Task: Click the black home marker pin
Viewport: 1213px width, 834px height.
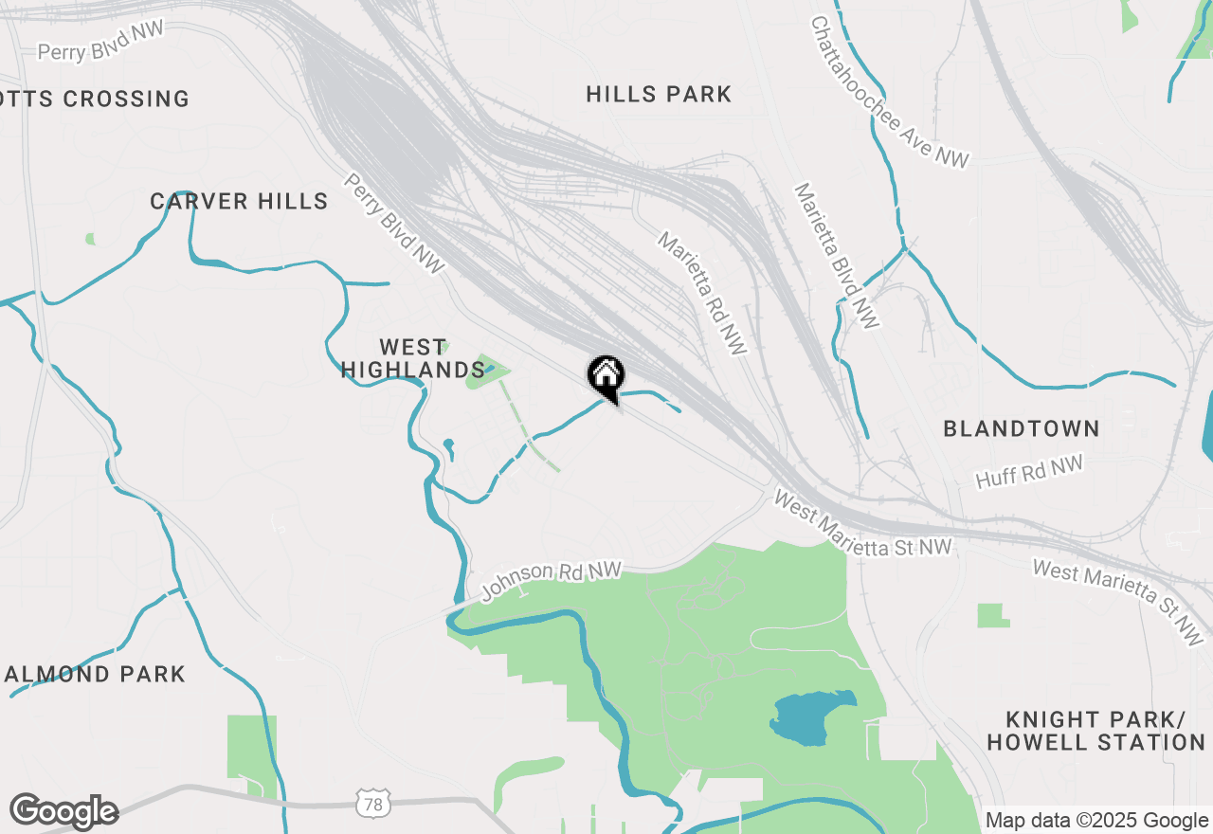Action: [x=606, y=377]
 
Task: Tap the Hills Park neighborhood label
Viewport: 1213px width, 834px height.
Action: [x=659, y=94]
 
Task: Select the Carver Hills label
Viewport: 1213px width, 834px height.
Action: [x=239, y=201]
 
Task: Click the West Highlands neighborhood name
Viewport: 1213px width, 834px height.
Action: [x=412, y=358]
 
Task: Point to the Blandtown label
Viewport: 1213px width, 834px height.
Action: [x=1022, y=428]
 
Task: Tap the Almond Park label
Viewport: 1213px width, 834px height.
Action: [x=95, y=674]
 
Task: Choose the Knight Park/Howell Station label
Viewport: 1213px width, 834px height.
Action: [x=1095, y=730]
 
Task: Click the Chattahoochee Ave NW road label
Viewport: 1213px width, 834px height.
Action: [x=890, y=92]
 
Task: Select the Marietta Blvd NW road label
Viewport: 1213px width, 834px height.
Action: [x=837, y=256]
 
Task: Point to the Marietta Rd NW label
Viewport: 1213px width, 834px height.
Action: [x=702, y=293]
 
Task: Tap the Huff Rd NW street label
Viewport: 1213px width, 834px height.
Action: [x=1029, y=472]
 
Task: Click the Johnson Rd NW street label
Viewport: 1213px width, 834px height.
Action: [x=551, y=580]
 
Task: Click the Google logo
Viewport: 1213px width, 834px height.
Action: [x=63, y=811]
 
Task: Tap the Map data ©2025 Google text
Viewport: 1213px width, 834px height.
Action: [x=1097, y=821]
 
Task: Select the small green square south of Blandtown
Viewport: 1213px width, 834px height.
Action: [x=992, y=616]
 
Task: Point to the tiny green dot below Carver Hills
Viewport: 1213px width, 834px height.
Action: [x=90, y=239]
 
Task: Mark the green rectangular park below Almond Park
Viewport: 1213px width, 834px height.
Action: [x=251, y=753]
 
